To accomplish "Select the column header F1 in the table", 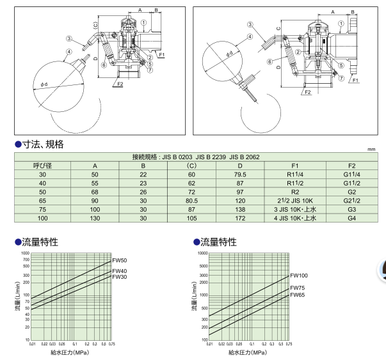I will point(291,165).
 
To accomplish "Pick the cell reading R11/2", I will point(291,182).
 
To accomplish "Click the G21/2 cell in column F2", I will point(351,200).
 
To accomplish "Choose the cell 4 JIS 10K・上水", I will point(291,218).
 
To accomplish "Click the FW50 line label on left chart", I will point(120,260).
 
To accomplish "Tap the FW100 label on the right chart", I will point(299,276).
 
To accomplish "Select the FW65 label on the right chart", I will point(297,295).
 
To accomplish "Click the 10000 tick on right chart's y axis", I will point(202,253).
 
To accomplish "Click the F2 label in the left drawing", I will point(119,84).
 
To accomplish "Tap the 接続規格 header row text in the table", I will point(195,157).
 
